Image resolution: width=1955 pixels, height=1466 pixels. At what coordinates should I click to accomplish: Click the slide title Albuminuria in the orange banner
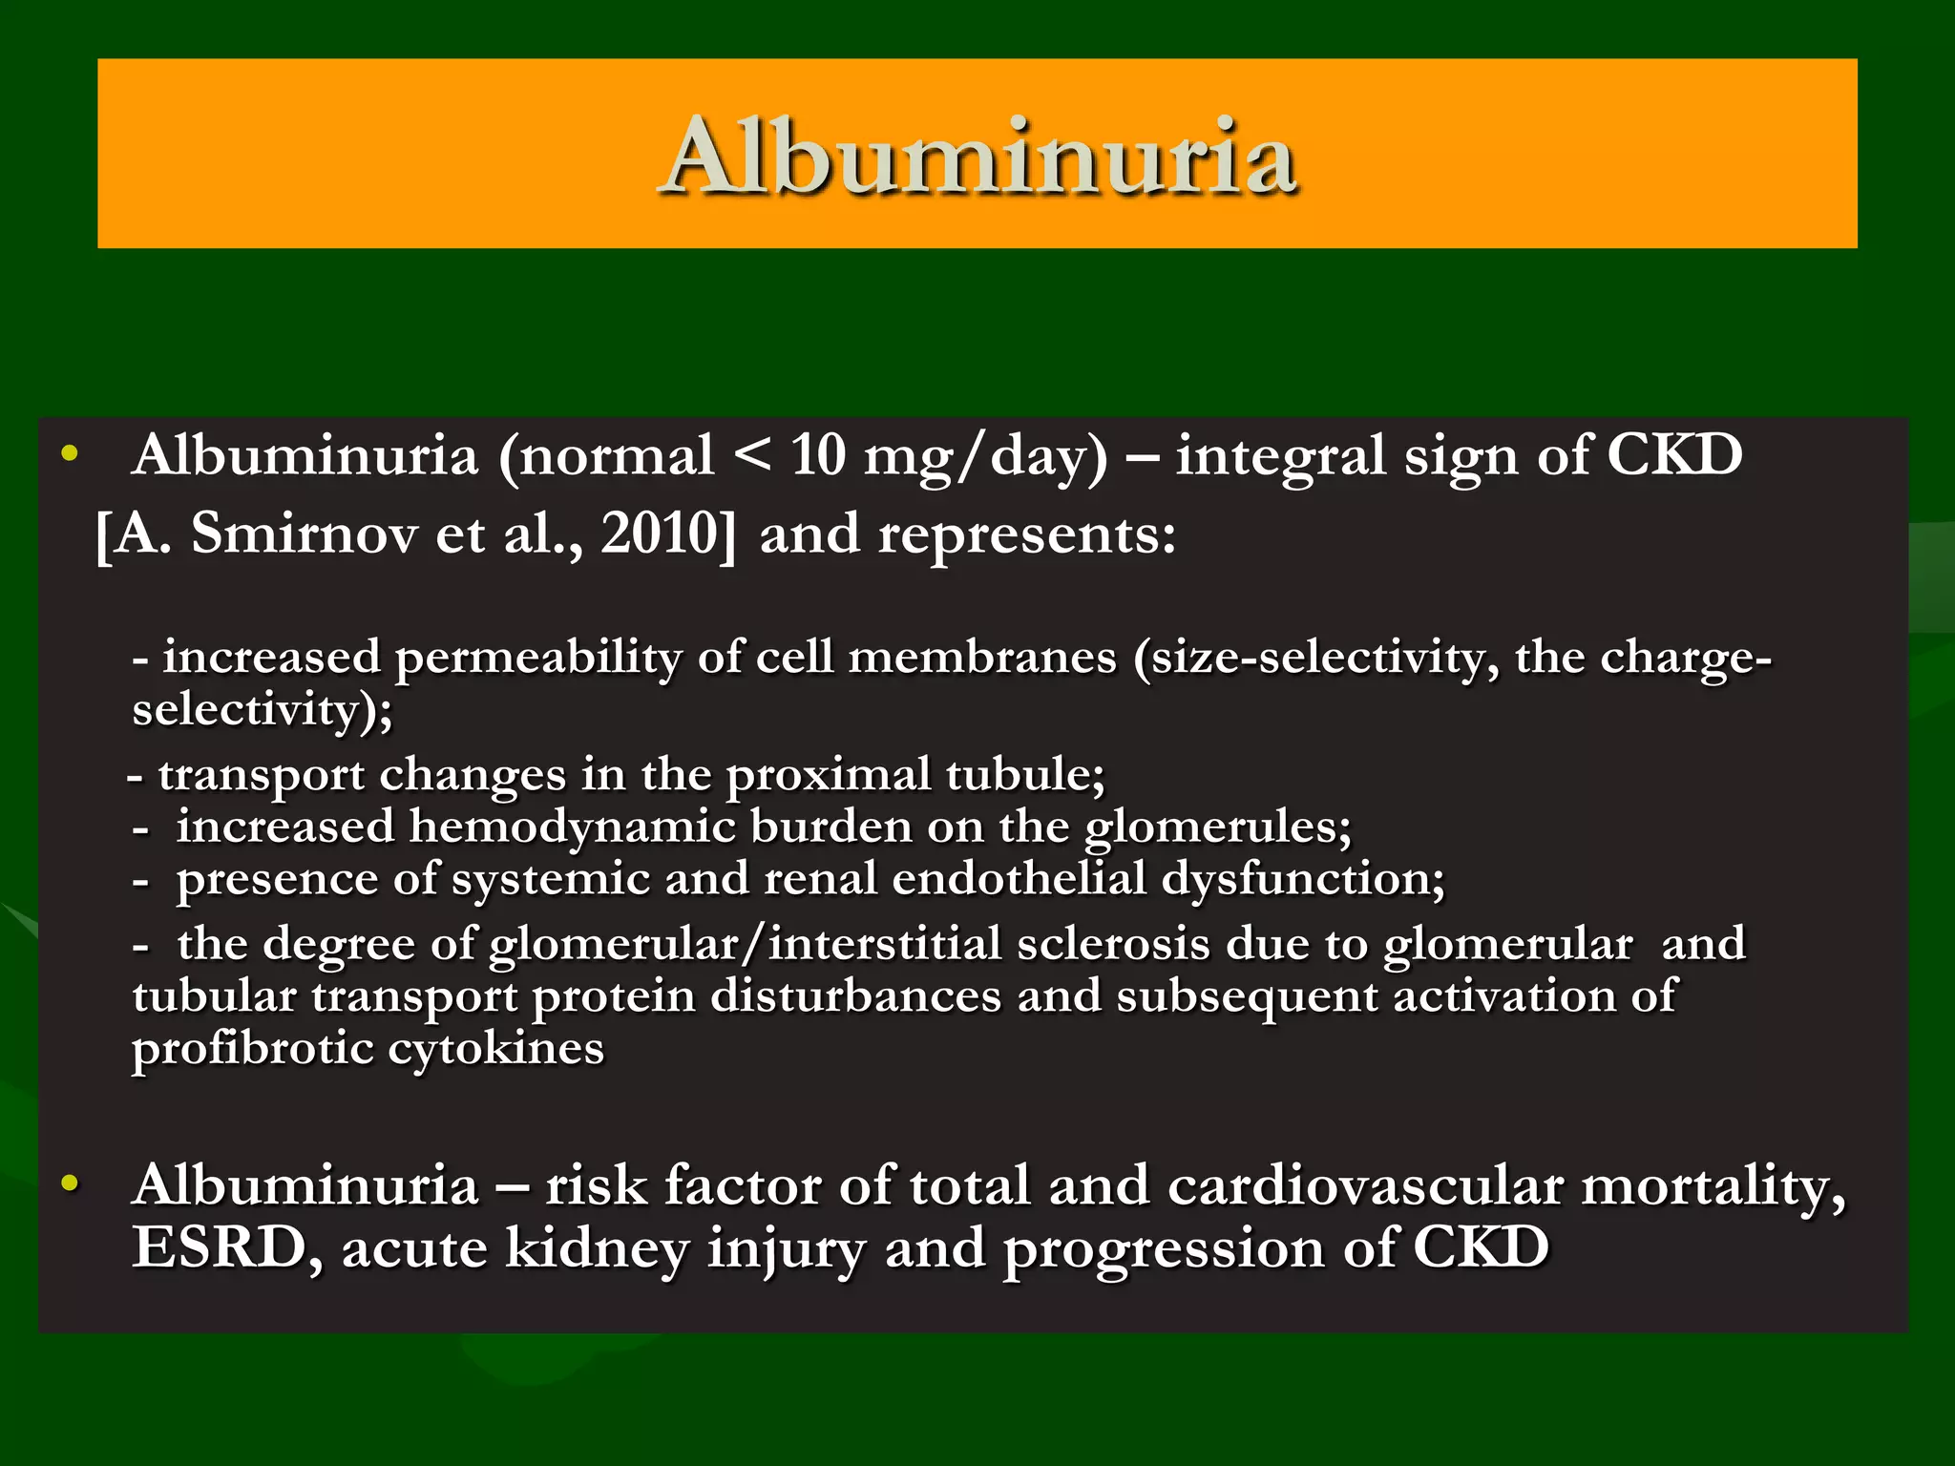[x=977, y=156]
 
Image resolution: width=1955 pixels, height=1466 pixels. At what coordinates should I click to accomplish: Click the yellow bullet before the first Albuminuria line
[x=69, y=454]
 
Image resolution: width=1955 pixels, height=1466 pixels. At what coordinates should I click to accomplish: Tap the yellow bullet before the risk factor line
[x=69, y=1184]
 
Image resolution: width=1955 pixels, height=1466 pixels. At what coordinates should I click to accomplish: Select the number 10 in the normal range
[x=818, y=455]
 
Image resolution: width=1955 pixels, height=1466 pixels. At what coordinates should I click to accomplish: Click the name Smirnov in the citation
[x=305, y=534]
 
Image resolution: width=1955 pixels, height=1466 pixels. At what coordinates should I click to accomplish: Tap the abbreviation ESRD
[x=219, y=1247]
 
